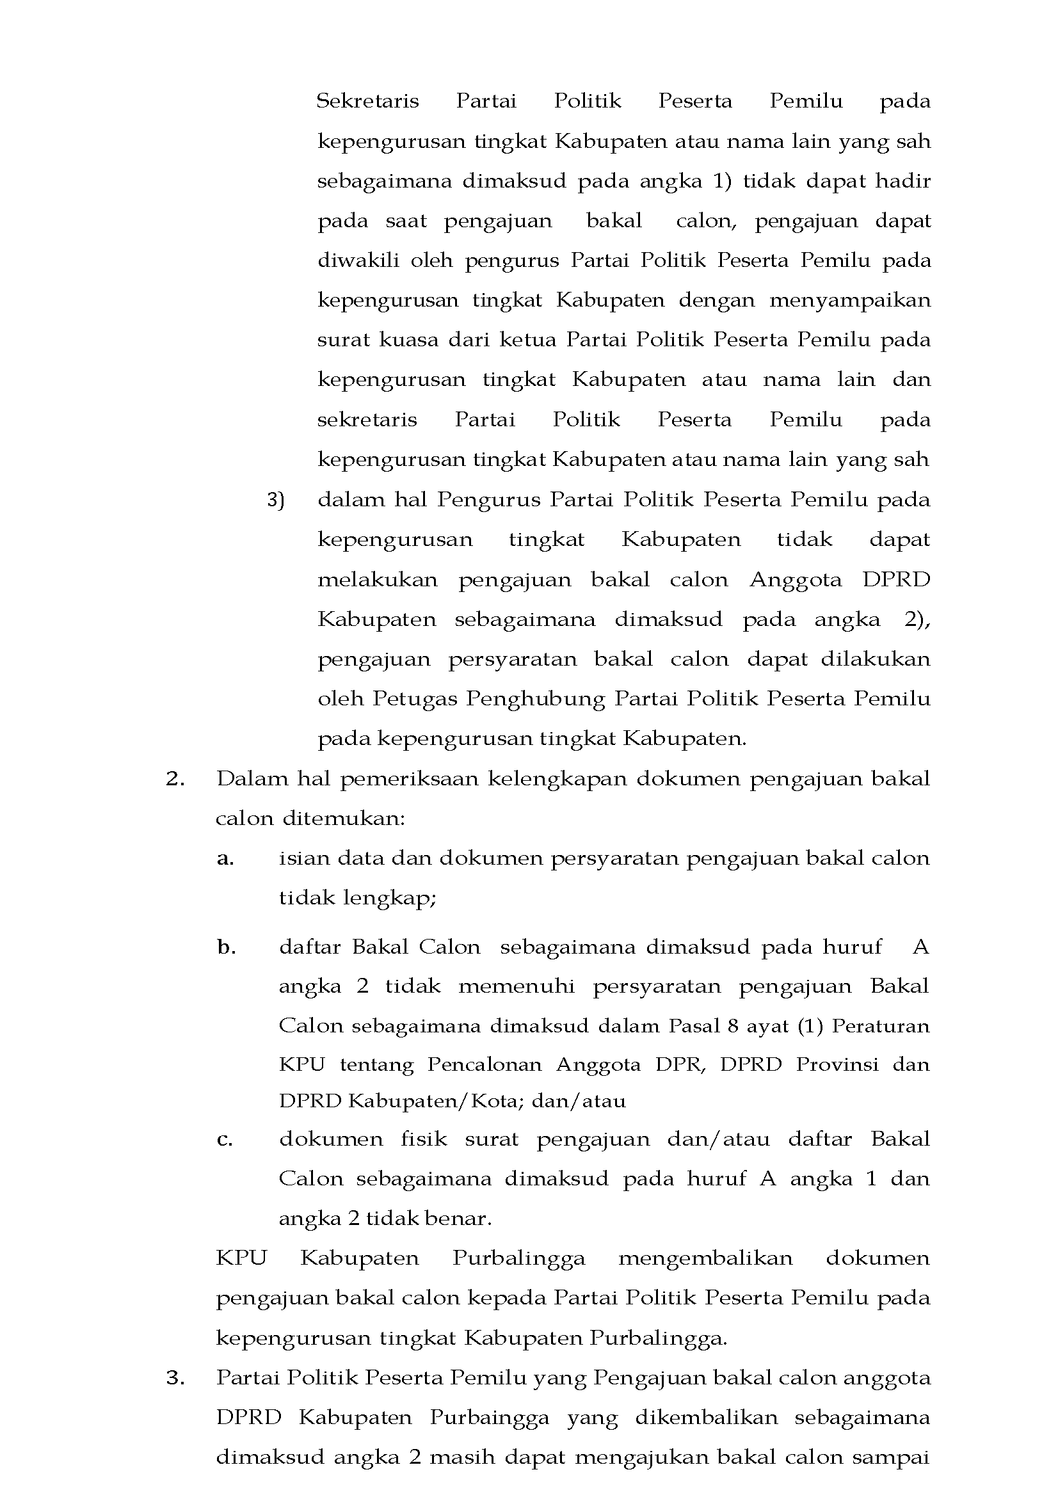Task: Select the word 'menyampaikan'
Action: pyautogui.click(x=849, y=301)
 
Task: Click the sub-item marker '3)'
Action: pyautogui.click(x=276, y=500)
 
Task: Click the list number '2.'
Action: pyautogui.click(x=176, y=780)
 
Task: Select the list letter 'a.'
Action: pyautogui.click(x=225, y=859)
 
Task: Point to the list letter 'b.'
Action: pyautogui.click(x=226, y=947)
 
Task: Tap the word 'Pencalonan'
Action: pyautogui.click(x=485, y=1065)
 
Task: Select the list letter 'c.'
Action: pyautogui.click(x=225, y=1140)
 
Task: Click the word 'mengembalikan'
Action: pyautogui.click(x=705, y=1258)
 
